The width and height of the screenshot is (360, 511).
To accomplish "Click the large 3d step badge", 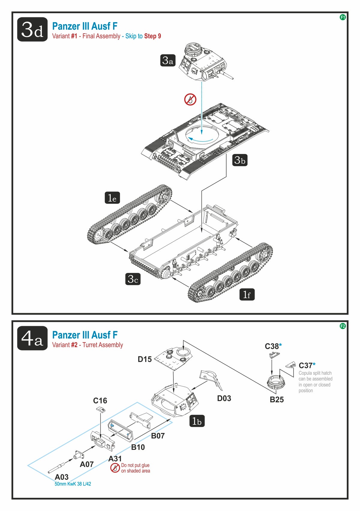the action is tap(32, 29).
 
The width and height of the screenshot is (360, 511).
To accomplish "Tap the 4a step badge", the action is tap(32, 338).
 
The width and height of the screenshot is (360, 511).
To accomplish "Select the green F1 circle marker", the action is tap(342, 17).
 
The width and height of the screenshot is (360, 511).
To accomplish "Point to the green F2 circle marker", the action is tap(342, 326).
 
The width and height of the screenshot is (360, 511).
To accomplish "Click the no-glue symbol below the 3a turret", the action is tap(190, 99).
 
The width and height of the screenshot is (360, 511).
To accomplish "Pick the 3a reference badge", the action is tap(168, 60).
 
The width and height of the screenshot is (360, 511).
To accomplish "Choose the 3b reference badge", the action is tap(240, 160).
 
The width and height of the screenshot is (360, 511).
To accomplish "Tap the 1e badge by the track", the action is tap(112, 198).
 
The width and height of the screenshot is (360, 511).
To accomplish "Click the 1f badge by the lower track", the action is tap(247, 295).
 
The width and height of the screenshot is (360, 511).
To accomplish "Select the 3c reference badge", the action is tap(133, 279).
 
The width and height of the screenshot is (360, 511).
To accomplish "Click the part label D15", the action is tap(145, 359).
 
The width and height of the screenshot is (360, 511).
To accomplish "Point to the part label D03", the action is tap(224, 398).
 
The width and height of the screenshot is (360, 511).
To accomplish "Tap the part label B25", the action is tap(277, 399).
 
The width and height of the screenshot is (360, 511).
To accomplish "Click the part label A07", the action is tap(87, 464).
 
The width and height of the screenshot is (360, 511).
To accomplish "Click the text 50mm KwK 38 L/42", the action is tap(73, 484).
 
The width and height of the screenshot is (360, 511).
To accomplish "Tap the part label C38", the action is tap(272, 346).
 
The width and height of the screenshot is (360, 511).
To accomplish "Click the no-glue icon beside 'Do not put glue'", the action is tap(115, 468).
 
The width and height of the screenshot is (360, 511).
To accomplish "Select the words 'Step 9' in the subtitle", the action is tap(152, 36).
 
